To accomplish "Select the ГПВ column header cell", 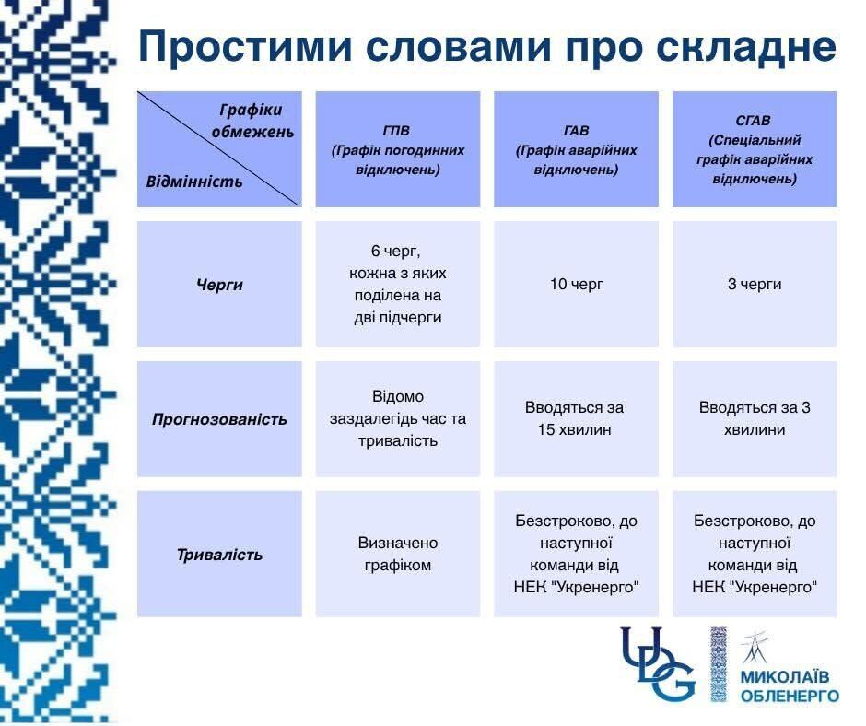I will (x=397, y=149).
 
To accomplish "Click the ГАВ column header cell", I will (x=576, y=149).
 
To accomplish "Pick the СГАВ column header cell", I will (x=755, y=149).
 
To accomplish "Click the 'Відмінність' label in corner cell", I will (x=194, y=181).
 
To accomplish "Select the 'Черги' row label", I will (x=219, y=285).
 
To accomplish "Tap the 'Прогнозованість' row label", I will (x=219, y=419).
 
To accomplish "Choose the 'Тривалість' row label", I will (x=219, y=555).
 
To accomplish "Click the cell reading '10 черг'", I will (x=576, y=285).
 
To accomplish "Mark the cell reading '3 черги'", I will (x=755, y=285).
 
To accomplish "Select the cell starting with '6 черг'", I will (x=397, y=285).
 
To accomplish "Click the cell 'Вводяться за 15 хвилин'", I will (x=576, y=418).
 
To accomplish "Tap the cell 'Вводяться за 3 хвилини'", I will (x=755, y=418).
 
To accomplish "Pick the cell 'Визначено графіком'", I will (x=397, y=554).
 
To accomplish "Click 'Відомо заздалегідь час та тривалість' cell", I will (x=397, y=418).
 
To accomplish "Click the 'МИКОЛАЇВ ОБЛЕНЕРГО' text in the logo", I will (x=790, y=687).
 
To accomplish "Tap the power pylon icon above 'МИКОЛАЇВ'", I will (x=755, y=649).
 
